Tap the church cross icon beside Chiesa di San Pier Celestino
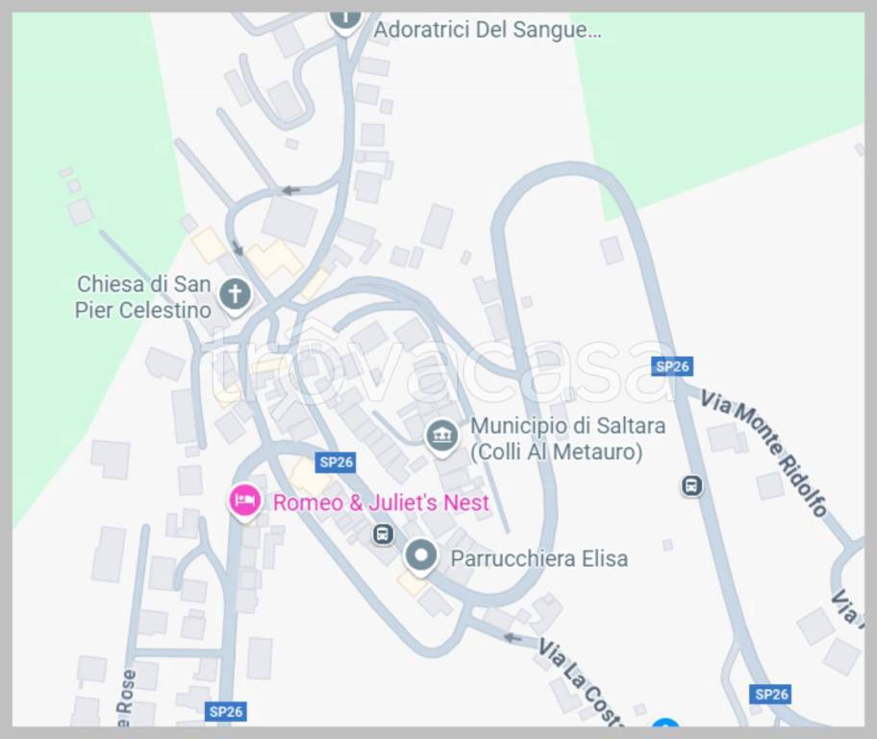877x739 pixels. point(234,293)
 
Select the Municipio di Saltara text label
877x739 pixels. point(567,425)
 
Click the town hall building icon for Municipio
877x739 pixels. point(441,436)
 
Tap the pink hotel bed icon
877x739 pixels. point(245,499)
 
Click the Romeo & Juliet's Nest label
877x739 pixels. point(381,502)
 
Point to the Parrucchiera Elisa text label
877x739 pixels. point(539,558)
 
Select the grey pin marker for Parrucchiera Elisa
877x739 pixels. point(420,554)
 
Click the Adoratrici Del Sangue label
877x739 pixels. point(487,30)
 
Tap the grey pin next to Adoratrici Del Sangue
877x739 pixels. point(345,17)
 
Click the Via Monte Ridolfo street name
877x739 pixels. point(764,451)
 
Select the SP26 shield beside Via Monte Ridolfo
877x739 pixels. point(671,366)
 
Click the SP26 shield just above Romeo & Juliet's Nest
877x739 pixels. point(337,462)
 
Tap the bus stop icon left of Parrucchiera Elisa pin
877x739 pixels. point(383,532)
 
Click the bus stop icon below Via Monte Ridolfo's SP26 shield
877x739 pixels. point(690,486)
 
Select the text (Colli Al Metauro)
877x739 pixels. point(556,451)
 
